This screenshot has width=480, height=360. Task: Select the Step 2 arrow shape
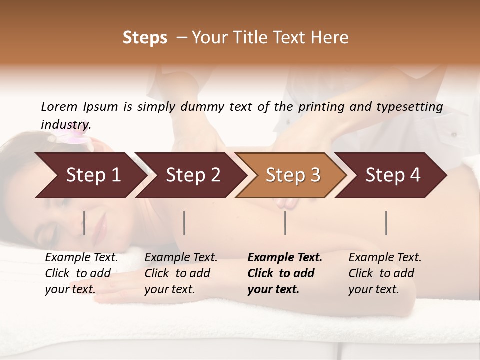(x=193, y=175)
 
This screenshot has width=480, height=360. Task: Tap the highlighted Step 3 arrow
(x=293, y=175)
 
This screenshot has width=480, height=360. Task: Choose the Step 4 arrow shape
(x=393, y=175)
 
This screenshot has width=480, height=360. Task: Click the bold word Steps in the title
(x=145, y=38)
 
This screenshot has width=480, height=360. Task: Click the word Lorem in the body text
(x=59, y=106)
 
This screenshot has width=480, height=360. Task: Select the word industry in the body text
(x=65, y=125)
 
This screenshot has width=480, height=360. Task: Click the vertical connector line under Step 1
(x=84, y=223)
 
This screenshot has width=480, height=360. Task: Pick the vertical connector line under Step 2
(x=184, y=223)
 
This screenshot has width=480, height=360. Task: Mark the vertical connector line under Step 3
(x=285, y=223)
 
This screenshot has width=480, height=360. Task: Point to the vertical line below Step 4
(x=386, y=223)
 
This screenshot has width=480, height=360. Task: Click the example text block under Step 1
(x=81, y=273)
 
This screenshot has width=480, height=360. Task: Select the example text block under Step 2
(x=181, y=273)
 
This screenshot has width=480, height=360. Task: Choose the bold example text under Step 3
(x=285, y=273)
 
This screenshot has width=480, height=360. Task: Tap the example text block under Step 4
(x=385, y=273)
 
